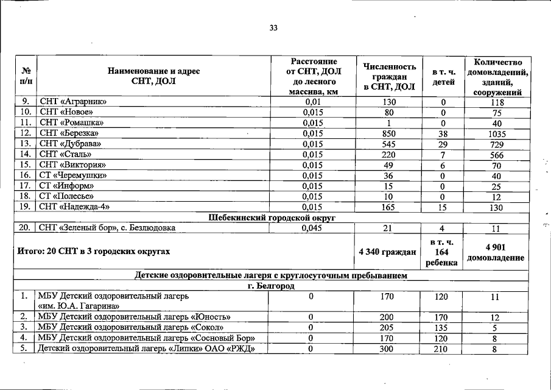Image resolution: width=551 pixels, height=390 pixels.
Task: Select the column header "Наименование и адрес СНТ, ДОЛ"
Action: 153,77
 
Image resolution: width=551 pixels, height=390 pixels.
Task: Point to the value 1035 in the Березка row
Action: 497,133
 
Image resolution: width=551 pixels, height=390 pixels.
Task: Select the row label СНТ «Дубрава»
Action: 70,144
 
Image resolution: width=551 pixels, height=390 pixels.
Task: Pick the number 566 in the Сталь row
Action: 497,155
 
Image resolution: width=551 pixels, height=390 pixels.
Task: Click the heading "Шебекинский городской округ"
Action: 273,218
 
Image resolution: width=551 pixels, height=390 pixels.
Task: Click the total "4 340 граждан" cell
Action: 388,251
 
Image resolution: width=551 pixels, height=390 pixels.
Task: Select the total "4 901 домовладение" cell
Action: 496,251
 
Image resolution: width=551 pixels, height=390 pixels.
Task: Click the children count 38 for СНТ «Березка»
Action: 443,133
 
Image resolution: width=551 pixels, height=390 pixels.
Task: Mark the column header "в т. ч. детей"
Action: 443,77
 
